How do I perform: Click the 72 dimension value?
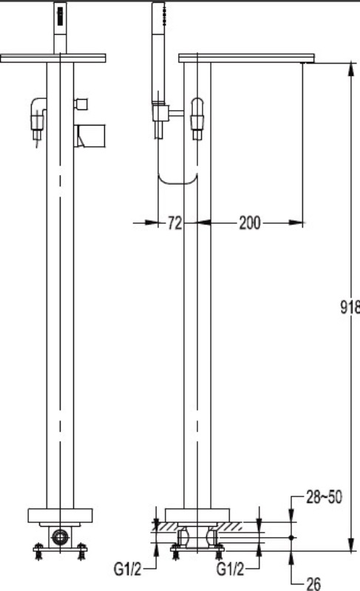coord(174,223)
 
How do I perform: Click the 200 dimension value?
coord(250,223)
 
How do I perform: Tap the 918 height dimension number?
coord(350,307)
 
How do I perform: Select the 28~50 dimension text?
coord(324,497)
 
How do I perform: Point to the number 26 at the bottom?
coord(313,584)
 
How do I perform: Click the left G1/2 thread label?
coord(127,569)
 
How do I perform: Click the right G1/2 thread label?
coord(230,569)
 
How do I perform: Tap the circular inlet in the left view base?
coord(60,536)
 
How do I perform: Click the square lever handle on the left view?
coord(91,136)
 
